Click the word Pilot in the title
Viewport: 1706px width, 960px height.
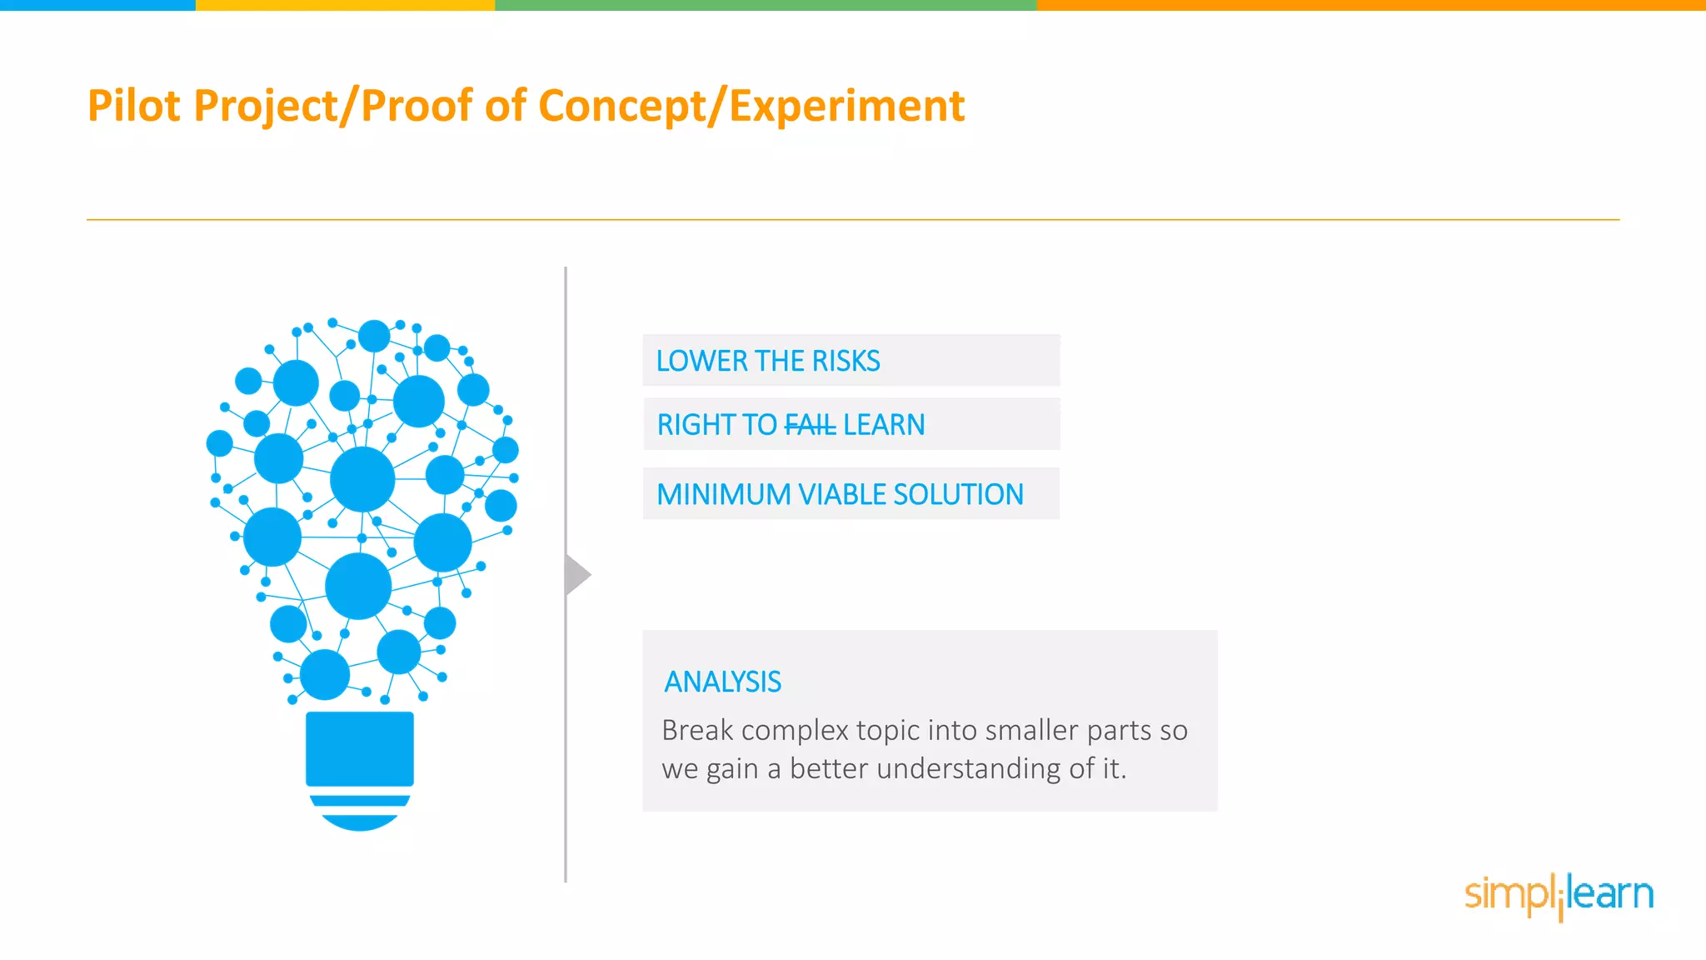(x=133, y=106)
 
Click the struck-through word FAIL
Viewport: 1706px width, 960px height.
(x=810, y=425)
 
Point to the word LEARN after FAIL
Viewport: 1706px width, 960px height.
(x=883, y=425)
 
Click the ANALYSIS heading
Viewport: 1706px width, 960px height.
(x=722, y=682)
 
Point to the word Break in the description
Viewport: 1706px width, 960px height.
(x=697, y=730)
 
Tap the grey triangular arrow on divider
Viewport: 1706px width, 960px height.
(x=576, y=574)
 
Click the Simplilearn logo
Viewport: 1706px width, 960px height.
(x=1559, y=894)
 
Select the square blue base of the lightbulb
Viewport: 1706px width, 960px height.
(x=359, y=748)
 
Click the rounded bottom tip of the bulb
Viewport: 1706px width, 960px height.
(x=359, y=822)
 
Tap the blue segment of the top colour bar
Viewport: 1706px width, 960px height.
(x=97, y=5)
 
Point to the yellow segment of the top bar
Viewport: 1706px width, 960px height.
(x=345, y=5)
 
